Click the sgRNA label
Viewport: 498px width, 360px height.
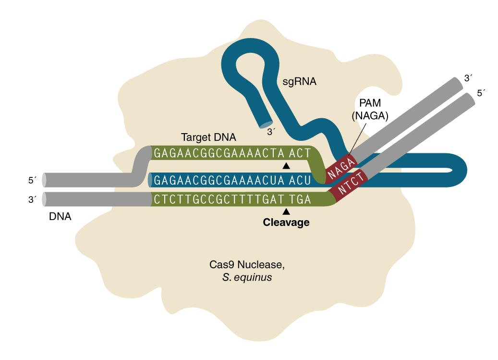[x=300, y=82]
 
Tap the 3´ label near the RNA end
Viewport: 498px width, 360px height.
[x=271, y=131]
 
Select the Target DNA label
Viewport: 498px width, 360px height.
[x=208, y=137]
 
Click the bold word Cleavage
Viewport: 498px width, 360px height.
[x=286, y=223]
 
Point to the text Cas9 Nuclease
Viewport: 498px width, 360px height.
[x=243, y=265]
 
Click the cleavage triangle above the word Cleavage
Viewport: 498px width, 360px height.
[x=286, y=211]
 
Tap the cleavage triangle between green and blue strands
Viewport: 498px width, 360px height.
[x=286, y=166]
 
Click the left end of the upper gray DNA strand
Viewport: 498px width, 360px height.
[x=45, y=180]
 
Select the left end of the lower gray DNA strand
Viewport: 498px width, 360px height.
[x=45, y=199]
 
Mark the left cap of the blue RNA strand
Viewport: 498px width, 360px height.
[x=151, y=180]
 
